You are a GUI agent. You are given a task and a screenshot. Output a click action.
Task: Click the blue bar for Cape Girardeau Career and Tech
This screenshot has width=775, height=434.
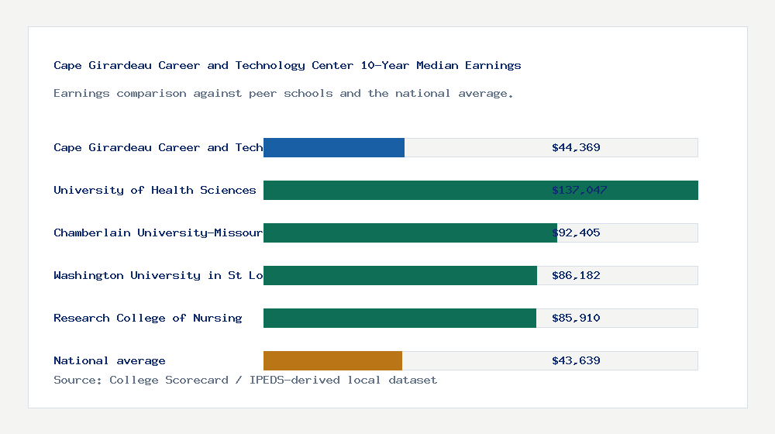[334, 147]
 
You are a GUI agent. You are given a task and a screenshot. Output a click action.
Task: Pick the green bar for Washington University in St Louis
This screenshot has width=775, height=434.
[400, 275]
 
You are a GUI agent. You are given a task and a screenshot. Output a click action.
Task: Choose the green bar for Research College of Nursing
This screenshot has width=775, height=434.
[400, 318]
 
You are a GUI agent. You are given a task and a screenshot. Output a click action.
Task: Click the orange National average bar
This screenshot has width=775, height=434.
[332, 360]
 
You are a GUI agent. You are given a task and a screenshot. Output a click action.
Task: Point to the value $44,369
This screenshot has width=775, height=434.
[576, 147]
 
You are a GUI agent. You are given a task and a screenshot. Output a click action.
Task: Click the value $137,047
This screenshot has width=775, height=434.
[579, 190]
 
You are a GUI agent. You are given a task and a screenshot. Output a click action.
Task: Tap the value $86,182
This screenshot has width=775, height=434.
[576, 275]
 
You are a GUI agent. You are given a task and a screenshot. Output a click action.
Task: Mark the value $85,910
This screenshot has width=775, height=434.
[576, 318]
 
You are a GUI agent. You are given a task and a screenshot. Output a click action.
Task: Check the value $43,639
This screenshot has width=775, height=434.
[576, 360]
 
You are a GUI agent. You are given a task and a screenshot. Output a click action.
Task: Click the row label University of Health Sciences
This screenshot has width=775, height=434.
[155, 190]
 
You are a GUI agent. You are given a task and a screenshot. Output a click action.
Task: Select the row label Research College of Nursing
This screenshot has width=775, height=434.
[148, 318]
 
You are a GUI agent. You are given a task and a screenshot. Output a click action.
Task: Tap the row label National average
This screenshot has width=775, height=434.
[109, 360]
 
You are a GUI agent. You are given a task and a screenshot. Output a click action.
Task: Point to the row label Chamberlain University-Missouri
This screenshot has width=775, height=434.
[158, 232]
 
